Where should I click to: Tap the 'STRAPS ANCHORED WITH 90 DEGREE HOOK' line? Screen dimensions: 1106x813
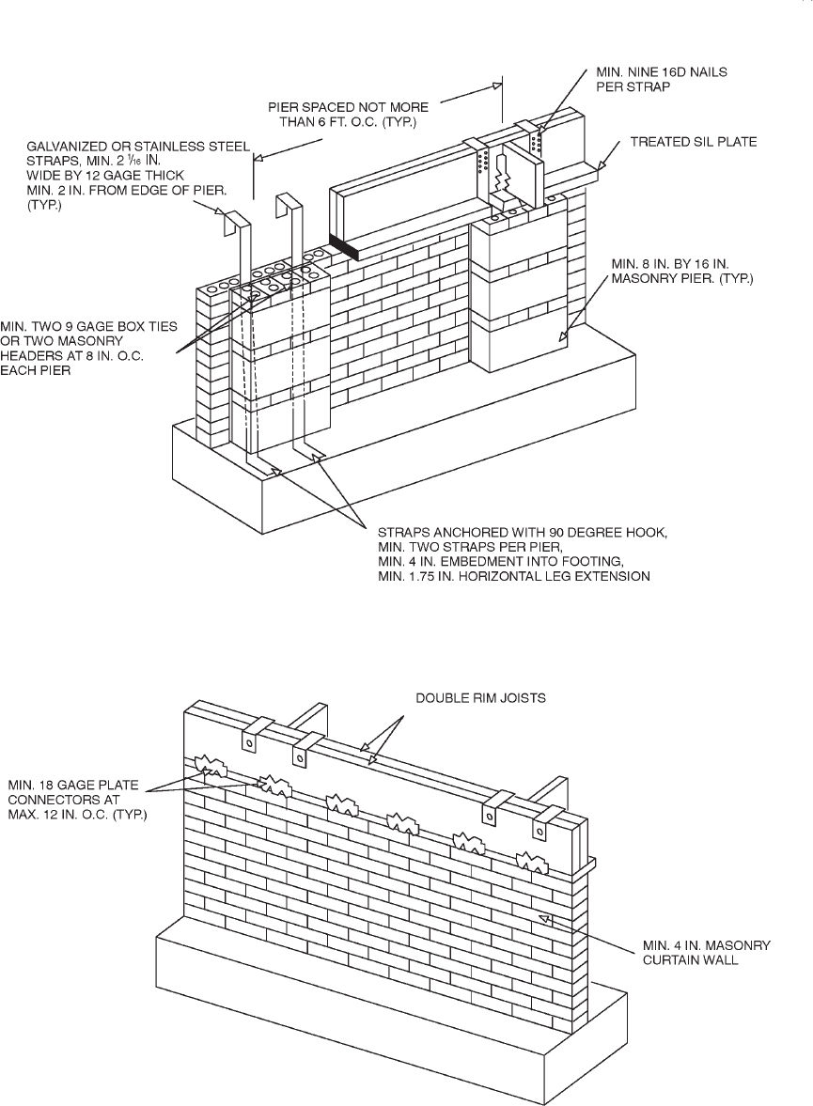[521, 533]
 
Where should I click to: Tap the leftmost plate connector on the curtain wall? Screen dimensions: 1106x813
[209, 766]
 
